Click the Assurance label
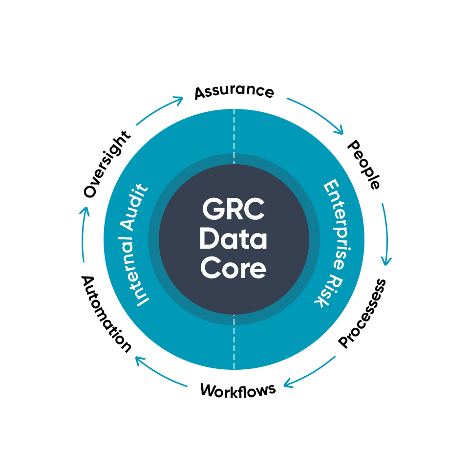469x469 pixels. click(234, 92)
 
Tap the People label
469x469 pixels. click(363, 165)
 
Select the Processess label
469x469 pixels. click(362, 313)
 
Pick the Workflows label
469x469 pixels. click(238, 390)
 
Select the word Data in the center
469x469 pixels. click(234, 239)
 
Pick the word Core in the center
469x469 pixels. click(234, 268)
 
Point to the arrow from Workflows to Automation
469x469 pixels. click(159, 374)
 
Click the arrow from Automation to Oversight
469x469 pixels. click(82, 234)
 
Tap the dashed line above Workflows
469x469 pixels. click(234, 342)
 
